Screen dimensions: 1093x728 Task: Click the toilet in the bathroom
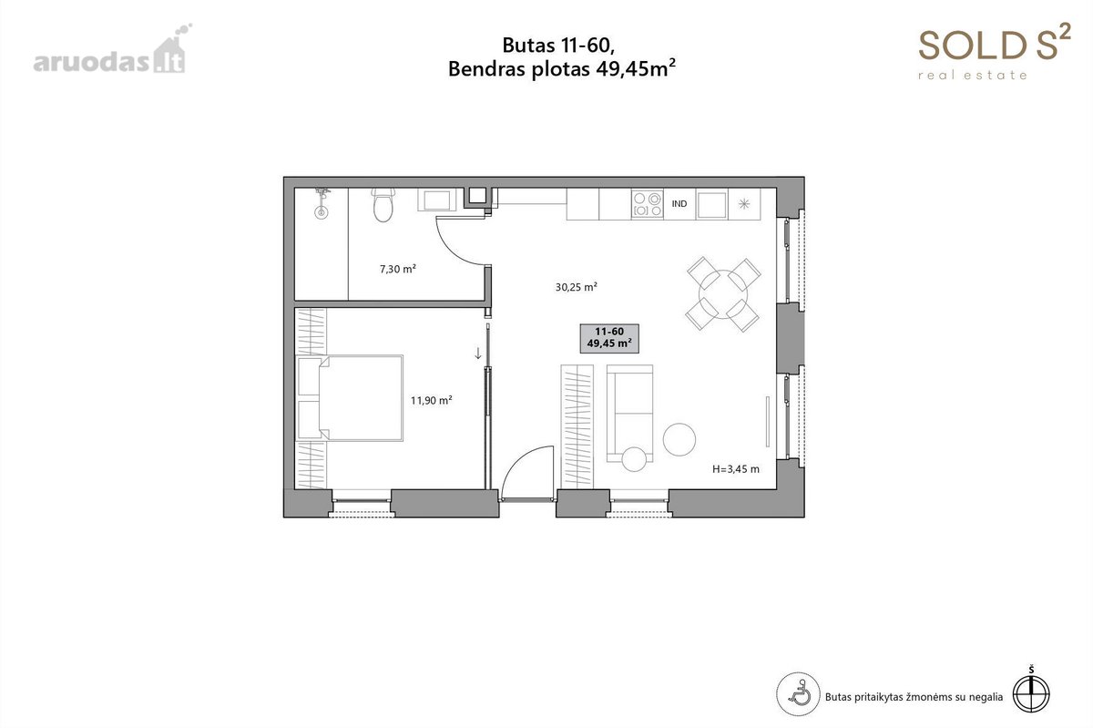383,205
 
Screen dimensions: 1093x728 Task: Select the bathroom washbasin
436,200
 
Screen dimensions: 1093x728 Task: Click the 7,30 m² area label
398,269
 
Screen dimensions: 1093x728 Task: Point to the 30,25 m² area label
577,287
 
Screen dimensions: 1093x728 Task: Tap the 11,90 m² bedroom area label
432,400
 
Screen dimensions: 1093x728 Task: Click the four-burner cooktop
647,203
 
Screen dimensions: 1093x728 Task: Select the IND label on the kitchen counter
679,203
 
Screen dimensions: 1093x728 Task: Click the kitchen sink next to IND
712,205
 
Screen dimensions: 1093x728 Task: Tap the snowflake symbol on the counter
744,203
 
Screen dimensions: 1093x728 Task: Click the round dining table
723,294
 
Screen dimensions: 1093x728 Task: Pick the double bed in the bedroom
350,398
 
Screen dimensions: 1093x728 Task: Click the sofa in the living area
630,413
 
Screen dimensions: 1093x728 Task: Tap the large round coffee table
679,439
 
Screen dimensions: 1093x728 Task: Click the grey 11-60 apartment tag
609,338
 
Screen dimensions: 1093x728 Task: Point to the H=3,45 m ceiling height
736,469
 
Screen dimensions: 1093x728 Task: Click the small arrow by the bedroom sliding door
478,353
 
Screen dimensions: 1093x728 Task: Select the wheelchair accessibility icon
798,693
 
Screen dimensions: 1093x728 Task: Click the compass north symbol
1031,690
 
